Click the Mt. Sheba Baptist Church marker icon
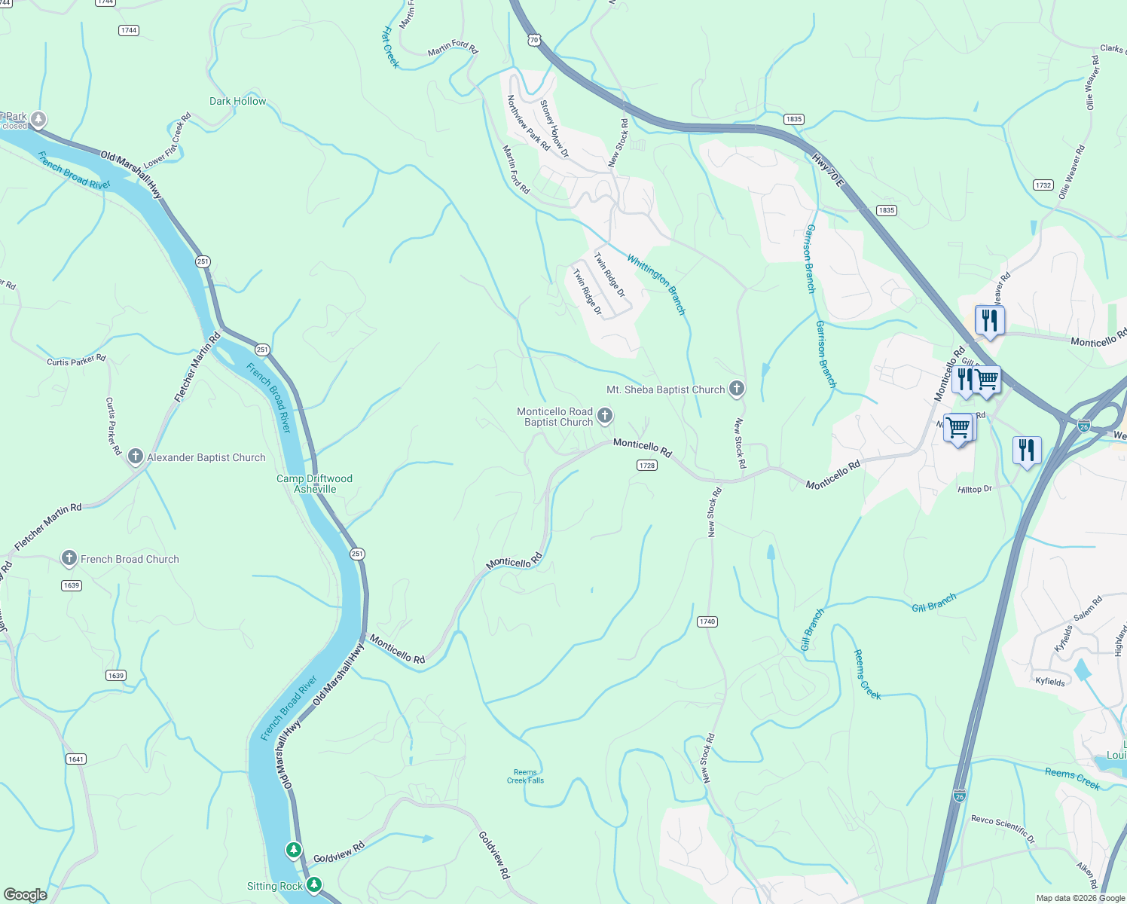pos(737,389)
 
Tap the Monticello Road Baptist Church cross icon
pos(604,416)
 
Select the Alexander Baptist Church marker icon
pos(136,457)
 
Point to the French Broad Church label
pos(130,559)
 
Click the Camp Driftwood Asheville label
pos(314,484)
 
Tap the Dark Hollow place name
pos(237,101)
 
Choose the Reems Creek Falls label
pos(525,776)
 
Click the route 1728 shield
pos(647,466)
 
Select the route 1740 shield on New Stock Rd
pos(707,621)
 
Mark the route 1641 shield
pos(76,759)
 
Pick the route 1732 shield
pos(1043,185)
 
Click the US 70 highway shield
pos(533,39)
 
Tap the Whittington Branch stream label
pos(656,284)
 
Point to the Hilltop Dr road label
pos(975,489)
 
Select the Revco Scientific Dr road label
pos(1003,828)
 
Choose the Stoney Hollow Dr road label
pos(554,129)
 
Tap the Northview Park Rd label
pos(528,123)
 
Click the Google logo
pos(25,894)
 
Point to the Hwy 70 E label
pos(828,171)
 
